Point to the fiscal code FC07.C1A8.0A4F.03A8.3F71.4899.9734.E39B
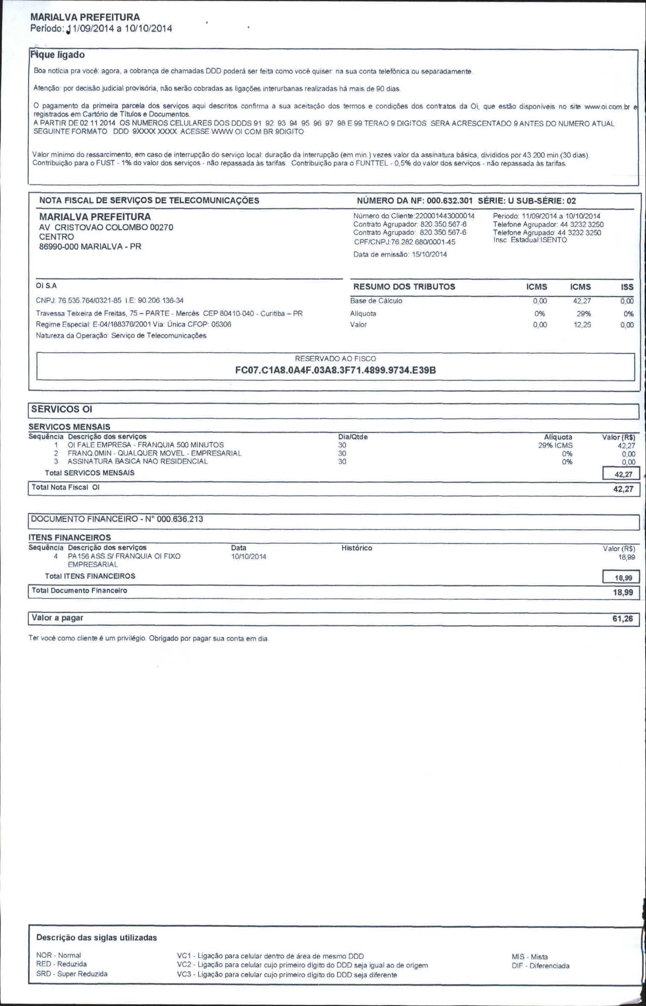(335, 370)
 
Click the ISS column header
(627, 287)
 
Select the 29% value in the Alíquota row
(584, 314)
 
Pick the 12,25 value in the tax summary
(582, 325)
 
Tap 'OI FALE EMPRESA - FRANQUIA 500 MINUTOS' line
(145, 445)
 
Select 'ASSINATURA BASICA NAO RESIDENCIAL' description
(138, 461)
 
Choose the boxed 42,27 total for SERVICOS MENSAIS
(623, 474)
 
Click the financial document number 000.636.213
(180, 519)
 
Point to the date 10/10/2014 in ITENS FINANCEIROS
(248, 556)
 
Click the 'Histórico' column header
(357, 548)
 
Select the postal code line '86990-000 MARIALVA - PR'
(90, 246)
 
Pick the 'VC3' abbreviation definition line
(287, 975)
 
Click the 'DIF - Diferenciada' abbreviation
(540, 965)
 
